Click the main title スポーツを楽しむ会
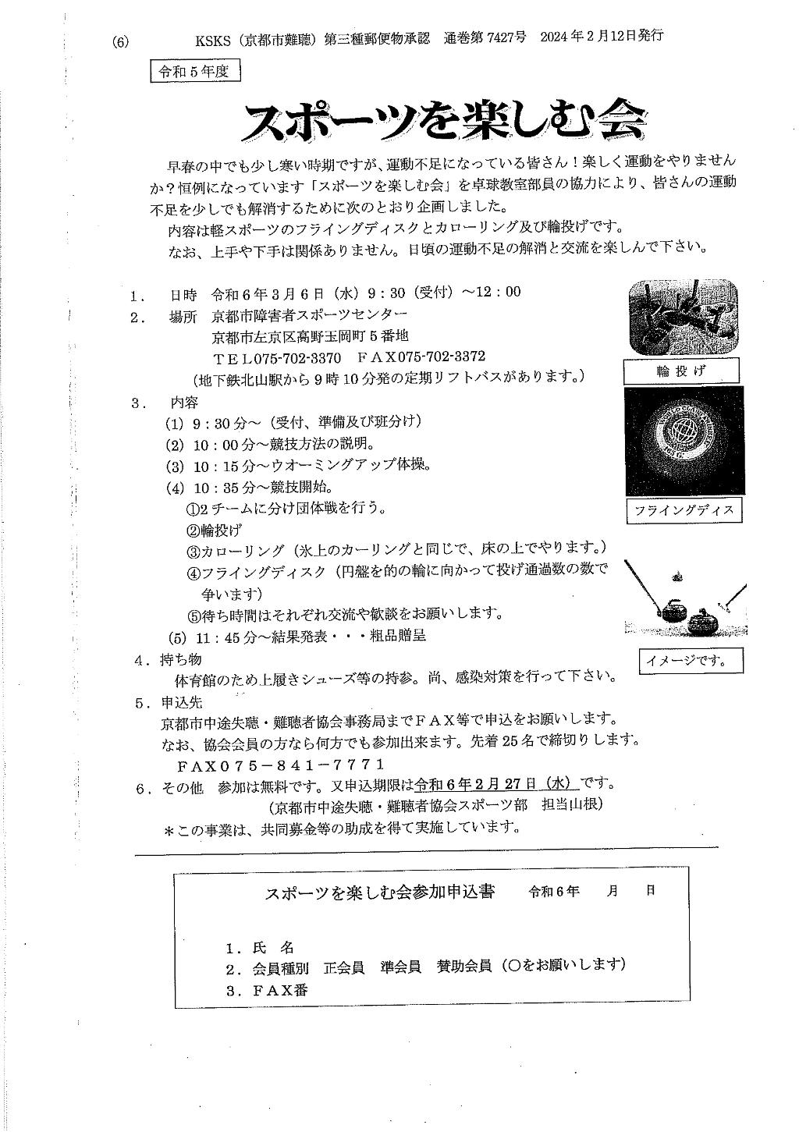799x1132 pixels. coord(446,122)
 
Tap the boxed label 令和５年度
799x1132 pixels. coord(195,72)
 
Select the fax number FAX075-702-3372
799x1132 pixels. coord(421,357)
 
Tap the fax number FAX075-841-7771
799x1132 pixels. coord(281,765)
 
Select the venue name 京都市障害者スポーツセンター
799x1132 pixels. coord(310,316)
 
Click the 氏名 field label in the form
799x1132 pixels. coord(272,948)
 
